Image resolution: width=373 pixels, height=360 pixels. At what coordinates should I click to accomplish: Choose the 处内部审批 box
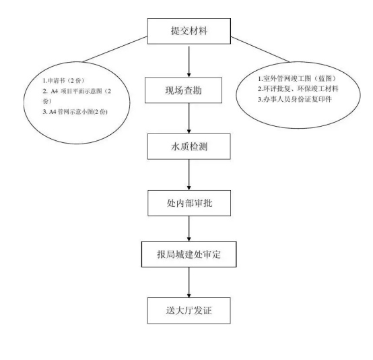[x=188, y=202]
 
